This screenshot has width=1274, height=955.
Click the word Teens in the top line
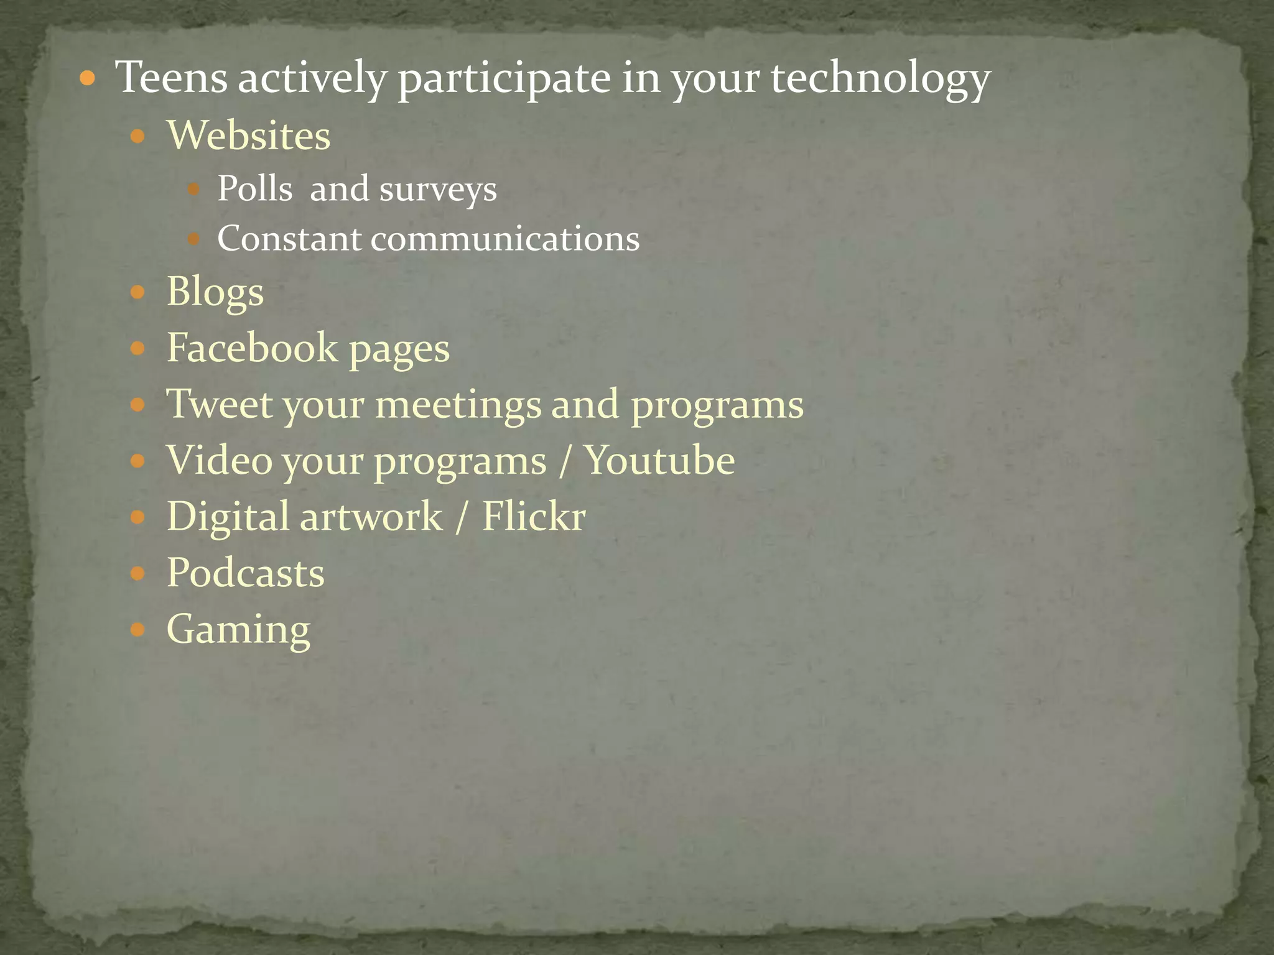[x=172, y=78]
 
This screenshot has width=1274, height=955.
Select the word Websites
[x=248, y=136]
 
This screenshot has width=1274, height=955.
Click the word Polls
[x=254, y=188]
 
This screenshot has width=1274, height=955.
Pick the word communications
[x=505, y=239]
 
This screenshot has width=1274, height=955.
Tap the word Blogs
[x=215, y=292]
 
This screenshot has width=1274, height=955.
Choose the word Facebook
[x=251, y=348]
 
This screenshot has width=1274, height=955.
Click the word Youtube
[x=660, y=461]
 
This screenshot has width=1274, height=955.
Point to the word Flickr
[x=534, y=517]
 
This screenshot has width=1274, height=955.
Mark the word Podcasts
[x=245, y=573]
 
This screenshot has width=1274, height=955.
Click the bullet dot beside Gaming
[x=137, y=630]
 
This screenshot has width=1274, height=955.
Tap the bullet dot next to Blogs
[x=137, y=292]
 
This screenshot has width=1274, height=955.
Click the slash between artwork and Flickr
[x=460, y=517]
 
